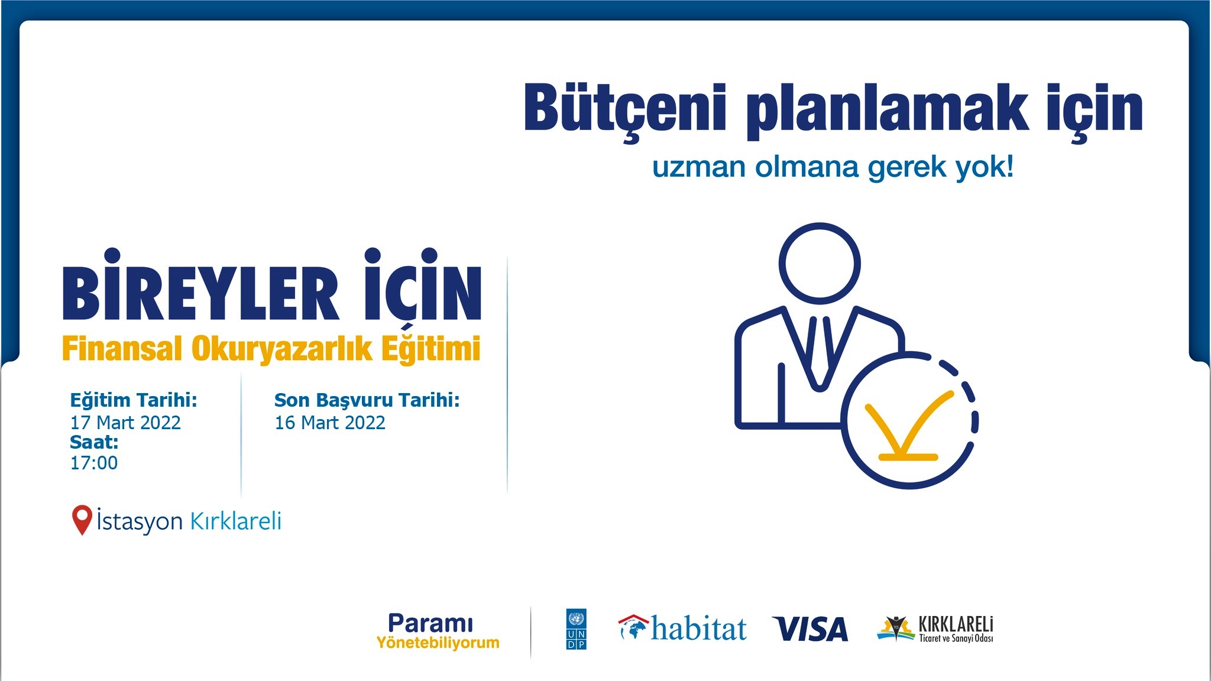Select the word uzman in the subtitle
(x=698, y=167)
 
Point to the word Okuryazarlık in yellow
(x=282, y=349)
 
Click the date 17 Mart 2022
(x=125, y=423)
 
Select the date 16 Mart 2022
(x=330, y=423)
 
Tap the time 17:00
(x=94, y=463)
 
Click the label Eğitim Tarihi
(x=134, y=400)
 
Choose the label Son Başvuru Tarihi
(x=367, y=400)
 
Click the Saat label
(x=94, y=442)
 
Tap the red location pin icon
(x=82, y=520)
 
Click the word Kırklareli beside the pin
(x=235, y=521)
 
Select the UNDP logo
(x=577, y=629)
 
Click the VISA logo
(x=810, y=629)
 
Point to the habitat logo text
(x=699, y=628)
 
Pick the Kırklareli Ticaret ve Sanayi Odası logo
(x=935, y=629)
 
